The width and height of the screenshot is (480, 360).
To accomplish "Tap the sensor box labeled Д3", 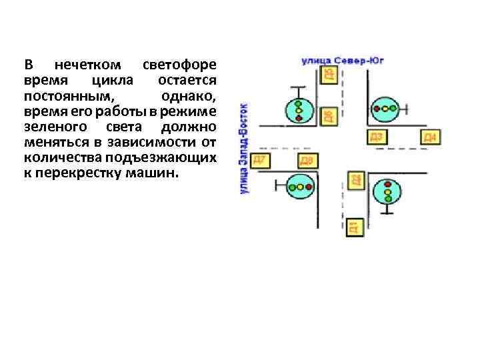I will (376, 137).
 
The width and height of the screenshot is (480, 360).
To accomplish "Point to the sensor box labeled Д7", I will (259, 160).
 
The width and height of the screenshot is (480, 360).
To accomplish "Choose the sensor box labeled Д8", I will (306, 161).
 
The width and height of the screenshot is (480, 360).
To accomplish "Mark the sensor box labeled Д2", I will (356, 179).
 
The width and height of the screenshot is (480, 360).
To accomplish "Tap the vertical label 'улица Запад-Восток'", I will (244, 148).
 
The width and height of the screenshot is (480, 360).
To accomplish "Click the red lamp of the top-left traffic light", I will (298, 118).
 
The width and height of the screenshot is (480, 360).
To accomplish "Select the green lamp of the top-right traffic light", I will (393, 107).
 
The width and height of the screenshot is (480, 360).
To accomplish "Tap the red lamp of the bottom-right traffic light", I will (387, 183).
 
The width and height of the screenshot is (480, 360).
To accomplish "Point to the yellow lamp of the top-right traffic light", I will (385, 107).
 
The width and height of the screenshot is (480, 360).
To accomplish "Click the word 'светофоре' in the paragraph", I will (180, 65).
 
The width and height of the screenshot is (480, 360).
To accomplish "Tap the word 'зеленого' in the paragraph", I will (52, 127).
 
